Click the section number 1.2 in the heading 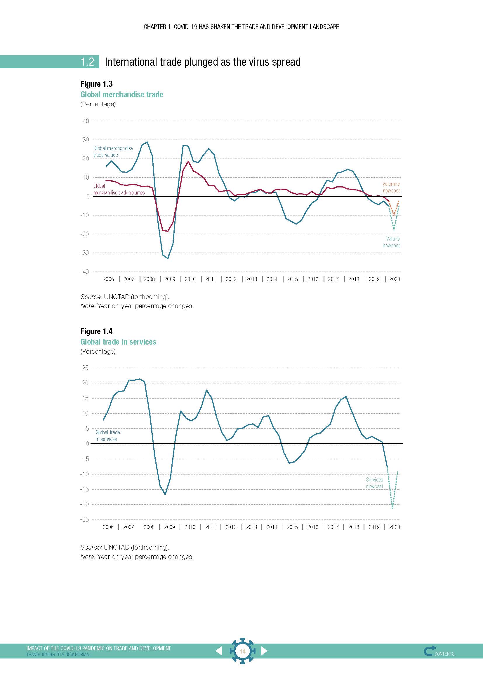tap(87, 62)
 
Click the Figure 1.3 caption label tap(96, 84)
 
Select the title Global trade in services tap(118, 342)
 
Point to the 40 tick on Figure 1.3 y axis tap(86, 121)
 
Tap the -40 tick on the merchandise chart tap(84, 272)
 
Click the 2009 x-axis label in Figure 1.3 tap(170, 279)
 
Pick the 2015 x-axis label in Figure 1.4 tap(292, 527)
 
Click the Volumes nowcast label tap(391, 187)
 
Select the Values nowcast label tap(391, 242)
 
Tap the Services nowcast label tap(374, 483)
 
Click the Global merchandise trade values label tap(113, 152)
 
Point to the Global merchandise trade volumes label tap(119, 190)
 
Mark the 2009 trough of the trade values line tap(168, 258)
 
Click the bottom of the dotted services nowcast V tap(392, 508)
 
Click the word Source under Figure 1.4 tap(91, 547)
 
